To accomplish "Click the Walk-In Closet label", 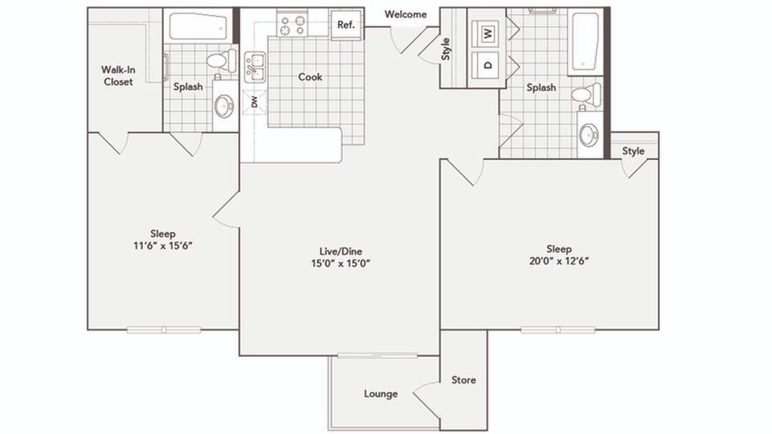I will point(118,76).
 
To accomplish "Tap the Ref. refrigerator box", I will point(345,24).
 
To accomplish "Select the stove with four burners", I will point(292,25).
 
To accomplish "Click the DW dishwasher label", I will point(255,102).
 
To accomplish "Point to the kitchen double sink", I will point(255,67).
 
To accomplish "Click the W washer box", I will point(488,34).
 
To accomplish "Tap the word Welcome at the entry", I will point(406,14).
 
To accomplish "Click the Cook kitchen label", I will point(310,77).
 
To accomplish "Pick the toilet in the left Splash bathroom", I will point(219,60).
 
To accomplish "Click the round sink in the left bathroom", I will point(224,105).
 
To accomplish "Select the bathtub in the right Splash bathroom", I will point(585,41).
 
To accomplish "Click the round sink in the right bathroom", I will point(590,134).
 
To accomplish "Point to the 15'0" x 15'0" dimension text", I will point(340,263).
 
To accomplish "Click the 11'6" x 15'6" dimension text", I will point(163,245).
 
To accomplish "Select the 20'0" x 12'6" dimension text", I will point(559,260).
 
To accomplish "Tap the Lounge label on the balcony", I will point(381,394).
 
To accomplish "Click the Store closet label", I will point(464,379).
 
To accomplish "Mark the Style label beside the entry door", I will point(446,50).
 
